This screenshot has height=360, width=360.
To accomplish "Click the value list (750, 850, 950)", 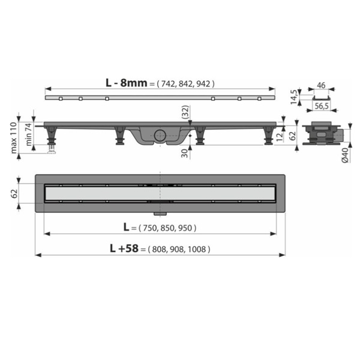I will pyautogui.click(x=167, y=227).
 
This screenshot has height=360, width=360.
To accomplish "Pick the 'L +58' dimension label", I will pyautogui.click(x=122, y=248).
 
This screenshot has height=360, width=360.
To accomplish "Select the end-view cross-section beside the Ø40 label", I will pyautogui.click(x=323, y=133).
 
